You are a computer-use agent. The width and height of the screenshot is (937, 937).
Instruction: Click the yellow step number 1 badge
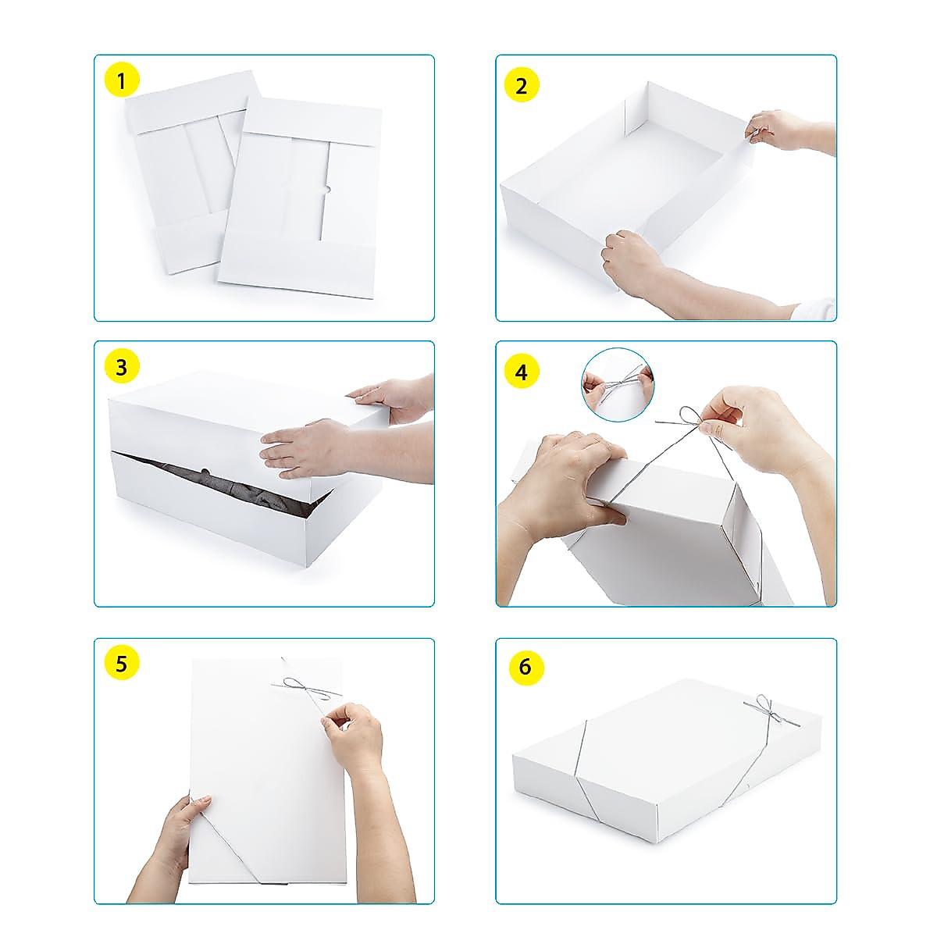121,80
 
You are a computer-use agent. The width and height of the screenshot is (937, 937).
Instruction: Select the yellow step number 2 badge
522,84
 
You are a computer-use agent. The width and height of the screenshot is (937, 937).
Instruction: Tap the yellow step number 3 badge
121,366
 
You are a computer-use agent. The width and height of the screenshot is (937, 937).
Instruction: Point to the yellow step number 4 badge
522,372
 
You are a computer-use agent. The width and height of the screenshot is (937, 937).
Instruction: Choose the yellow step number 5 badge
121,664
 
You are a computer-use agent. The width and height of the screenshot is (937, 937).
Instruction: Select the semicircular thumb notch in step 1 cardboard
328,188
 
